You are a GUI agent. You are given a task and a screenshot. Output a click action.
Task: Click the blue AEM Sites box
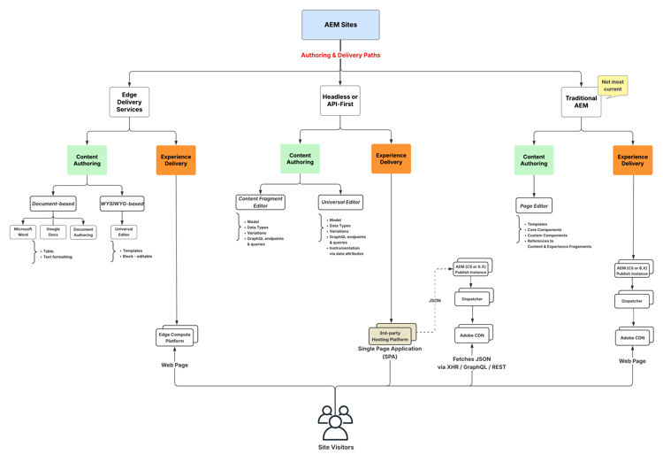point(340,25)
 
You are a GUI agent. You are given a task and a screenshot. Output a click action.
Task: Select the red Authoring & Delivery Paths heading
point(340,55)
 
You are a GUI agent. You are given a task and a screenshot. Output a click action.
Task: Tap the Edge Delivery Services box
point(129,103)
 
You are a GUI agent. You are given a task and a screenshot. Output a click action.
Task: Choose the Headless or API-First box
point(340,101)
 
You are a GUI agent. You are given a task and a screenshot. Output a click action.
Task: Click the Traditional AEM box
point(581,103)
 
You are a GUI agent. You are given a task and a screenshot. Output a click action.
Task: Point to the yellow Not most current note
point(613,86)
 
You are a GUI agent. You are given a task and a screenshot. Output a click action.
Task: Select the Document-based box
point(53,204)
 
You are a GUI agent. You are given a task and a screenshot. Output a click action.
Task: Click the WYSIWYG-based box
point(122,204)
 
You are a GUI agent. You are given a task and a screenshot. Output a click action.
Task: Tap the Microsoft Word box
point(23,232)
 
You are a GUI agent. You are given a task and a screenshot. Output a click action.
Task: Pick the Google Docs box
point(53,232)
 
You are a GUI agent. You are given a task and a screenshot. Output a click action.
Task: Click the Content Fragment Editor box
point(260,203)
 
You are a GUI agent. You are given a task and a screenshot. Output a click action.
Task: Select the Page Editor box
point(534,205)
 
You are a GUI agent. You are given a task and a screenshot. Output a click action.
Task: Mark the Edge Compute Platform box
point(175,337)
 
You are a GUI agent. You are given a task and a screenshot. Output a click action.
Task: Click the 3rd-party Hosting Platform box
point(390,336)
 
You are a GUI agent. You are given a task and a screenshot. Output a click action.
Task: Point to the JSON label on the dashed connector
point(435,301)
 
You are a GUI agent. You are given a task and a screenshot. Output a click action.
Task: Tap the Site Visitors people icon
point(335,422)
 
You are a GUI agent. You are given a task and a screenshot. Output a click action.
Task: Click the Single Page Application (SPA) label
point(390,352)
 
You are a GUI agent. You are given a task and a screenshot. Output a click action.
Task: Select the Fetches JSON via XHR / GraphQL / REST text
point(472,363)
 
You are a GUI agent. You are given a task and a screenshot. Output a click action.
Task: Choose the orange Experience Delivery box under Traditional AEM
point(633,159)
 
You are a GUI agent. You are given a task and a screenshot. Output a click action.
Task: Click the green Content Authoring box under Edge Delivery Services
point(87,160)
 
